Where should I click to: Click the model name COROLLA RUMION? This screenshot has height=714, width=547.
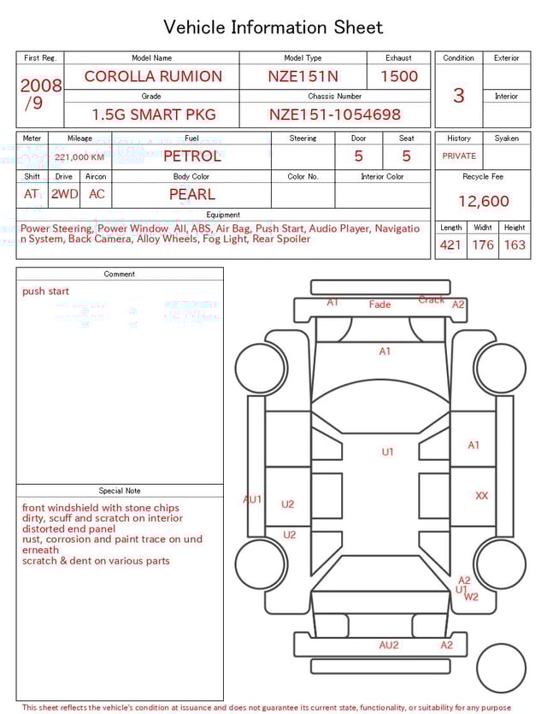pos(152,76)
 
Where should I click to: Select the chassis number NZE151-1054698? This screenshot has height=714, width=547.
pos(334,115)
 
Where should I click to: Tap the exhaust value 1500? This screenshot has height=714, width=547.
pos(399,76)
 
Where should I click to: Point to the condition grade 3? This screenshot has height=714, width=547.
pos(458,95)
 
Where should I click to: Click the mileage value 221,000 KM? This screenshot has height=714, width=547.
pos(79,157)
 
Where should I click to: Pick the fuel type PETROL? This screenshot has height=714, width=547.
pos(191,156)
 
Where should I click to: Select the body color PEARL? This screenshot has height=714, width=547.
pos(191,194)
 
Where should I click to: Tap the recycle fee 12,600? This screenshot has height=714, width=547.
pos(483,202)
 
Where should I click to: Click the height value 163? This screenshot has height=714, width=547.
pos(515,245)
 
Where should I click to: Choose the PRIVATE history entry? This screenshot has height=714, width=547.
pos(459,156)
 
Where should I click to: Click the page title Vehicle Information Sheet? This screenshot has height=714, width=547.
pos(273,27)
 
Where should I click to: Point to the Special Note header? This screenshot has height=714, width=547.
pos(120,491)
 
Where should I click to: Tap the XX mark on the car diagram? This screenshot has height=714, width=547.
pos(482,496)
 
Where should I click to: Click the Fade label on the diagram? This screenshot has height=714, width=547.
pos(379,304)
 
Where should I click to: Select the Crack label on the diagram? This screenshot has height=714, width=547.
pos(431,300)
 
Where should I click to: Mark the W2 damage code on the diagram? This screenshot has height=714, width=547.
pos(471,597)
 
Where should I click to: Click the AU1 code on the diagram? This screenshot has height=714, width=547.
pos(252,499)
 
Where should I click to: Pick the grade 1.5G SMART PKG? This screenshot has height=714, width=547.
pos(153,115)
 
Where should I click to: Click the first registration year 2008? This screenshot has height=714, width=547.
pos(40,86)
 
